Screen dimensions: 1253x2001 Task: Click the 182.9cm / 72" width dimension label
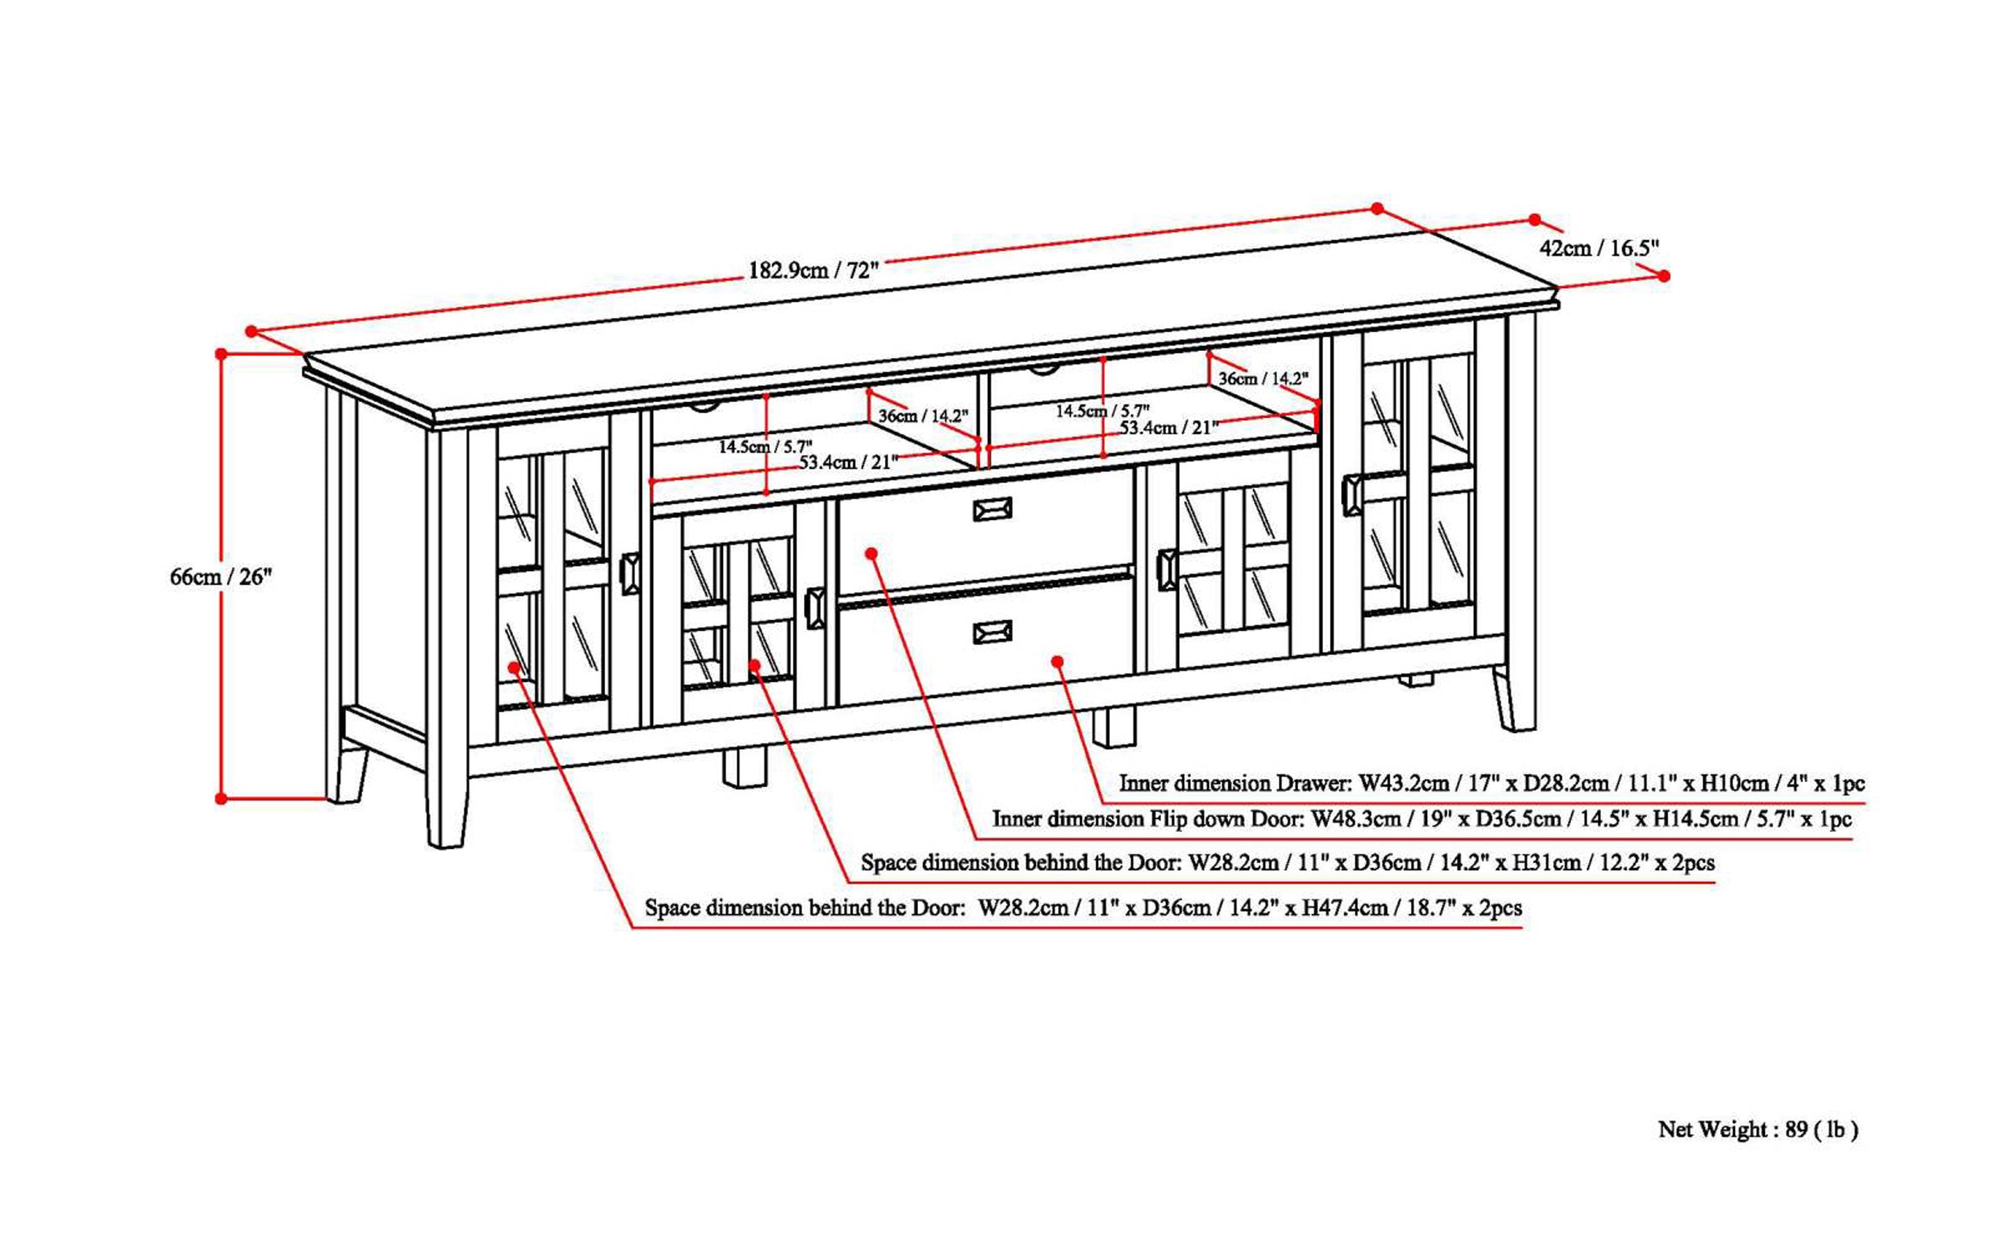[x=812, y=271]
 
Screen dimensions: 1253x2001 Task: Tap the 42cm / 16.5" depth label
[x=1599, y=248]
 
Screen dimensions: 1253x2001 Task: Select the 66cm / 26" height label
[x=220, y=577]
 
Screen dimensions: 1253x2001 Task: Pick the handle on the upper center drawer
[x=991, y=509]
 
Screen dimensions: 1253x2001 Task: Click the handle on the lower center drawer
[x=991, y=632]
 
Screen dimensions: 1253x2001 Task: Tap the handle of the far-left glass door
[x=630, y=573]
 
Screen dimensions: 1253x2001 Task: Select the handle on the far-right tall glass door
[x=1351, y=495]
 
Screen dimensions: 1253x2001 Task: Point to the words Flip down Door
[x=1226, y=820]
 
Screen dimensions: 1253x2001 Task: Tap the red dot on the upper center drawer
[x=871, y=552]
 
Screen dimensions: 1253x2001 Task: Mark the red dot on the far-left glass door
[x=514, y=667]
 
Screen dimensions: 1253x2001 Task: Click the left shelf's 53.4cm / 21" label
[x=848, y=462]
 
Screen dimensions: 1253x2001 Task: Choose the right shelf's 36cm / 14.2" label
[x=1262, y=379]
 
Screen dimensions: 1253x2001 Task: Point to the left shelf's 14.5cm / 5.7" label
[x=764, y=447]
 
